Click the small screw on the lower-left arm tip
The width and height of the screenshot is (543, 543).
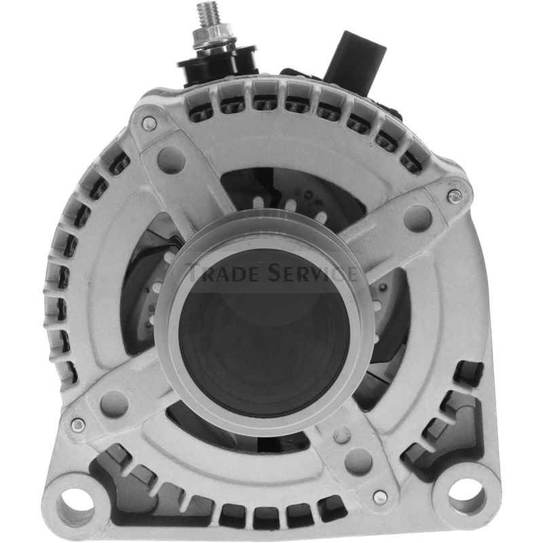[x=79, y=425]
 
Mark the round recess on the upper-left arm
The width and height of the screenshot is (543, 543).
[x=170, y=160]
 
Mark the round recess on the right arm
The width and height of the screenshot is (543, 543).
[x=417, y=219]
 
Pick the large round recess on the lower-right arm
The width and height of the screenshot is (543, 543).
[x=358, y=462]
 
